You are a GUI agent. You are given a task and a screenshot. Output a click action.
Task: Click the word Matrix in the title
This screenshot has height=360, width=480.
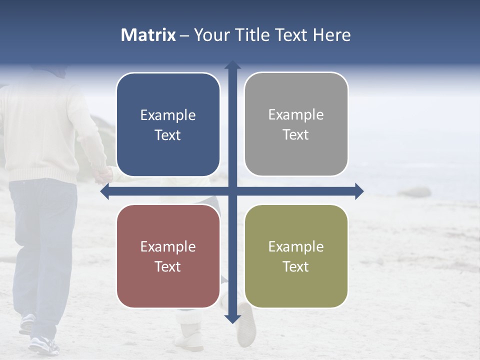[148, 35]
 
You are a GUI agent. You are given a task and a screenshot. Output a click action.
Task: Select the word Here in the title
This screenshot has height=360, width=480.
[332, 35]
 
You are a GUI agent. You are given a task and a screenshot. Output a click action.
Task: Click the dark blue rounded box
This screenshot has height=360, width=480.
[168, 124]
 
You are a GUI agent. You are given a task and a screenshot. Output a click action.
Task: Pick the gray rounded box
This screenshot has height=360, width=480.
[296, 124]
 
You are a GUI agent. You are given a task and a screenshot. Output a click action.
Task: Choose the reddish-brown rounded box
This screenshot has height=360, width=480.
[168, 256]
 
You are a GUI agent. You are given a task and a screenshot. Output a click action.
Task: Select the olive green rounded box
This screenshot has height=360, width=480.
[296, 256]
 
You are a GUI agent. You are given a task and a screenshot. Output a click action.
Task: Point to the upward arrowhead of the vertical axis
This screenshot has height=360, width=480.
[232, 65]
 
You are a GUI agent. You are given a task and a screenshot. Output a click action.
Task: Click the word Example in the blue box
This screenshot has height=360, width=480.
[168, 115]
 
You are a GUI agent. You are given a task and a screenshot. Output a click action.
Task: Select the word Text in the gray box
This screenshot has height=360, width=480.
[296, 135]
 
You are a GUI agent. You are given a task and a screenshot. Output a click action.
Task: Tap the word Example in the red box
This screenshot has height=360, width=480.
[168, 246]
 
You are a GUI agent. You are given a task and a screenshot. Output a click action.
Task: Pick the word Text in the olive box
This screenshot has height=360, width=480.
[296, 266]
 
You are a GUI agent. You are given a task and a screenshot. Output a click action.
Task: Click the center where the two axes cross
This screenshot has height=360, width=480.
[232, 191]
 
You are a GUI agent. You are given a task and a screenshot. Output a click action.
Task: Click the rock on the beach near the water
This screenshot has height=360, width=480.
[414, 192]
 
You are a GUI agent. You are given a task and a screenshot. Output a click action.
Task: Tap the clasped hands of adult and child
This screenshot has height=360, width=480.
[104, 173]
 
